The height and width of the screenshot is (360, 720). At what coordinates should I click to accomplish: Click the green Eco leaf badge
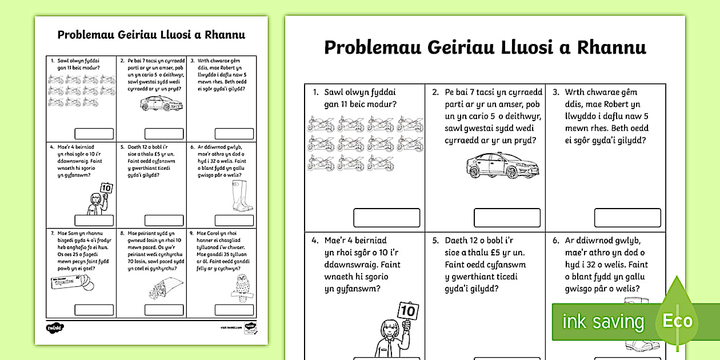(x=678, y=320)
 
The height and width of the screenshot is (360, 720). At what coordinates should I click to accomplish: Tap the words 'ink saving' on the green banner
(x=603, y=322)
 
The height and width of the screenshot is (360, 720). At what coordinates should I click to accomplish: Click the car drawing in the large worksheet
(x=495, y=166)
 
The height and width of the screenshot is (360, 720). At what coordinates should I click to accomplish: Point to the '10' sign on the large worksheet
(x=409, y=311)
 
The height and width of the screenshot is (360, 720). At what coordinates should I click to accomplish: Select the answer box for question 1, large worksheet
(x=387, y=218)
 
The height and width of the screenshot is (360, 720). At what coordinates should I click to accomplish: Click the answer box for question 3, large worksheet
(x=627, y=218)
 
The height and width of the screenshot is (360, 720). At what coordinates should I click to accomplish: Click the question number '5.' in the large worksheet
(x=435, y=241)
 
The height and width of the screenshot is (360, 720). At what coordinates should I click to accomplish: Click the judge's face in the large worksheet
(x=388, y=331)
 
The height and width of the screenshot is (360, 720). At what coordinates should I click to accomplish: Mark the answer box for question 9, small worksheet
(x=234, y=310)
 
